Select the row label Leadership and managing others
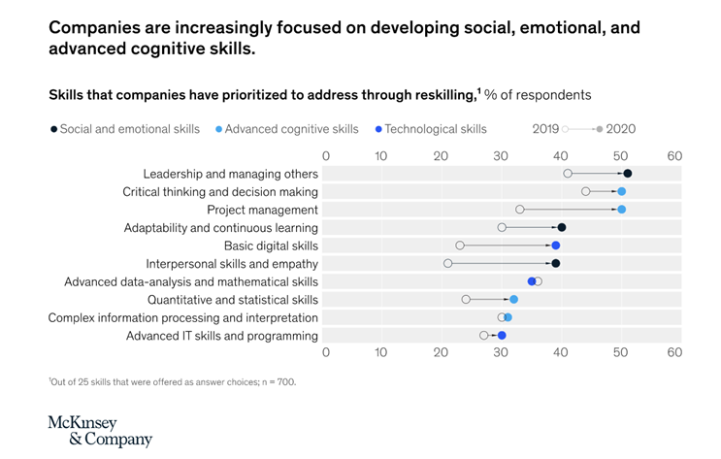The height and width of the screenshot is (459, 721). coord(231,174)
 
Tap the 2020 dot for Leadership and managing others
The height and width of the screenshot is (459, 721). coord(627,174)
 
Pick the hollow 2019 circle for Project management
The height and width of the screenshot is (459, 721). coord(520,210)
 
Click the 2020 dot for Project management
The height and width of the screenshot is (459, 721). coord(621,210)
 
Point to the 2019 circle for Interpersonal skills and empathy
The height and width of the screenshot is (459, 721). coord(448,263)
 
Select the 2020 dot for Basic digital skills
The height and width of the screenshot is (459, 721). coord(556,246)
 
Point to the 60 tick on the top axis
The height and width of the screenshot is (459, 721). coord(674,154)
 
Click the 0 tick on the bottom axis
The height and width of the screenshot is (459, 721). coord(326,355)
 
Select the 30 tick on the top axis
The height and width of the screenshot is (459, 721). coord(501,154)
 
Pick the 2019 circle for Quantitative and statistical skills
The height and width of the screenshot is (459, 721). coord(466,299)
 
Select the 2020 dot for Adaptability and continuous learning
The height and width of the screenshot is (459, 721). coord(561,227)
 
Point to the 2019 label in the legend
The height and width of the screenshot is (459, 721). coord(547,128)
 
